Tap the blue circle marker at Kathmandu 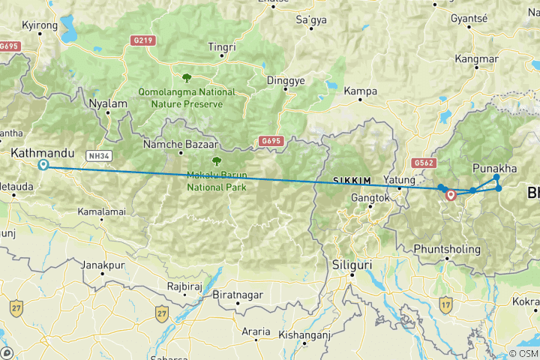point(44,165)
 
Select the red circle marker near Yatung point(451,195)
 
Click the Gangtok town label point(371,199)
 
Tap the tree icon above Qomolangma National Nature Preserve point(185,76)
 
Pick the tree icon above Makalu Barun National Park point(217,160)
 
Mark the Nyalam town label point(104,103)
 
